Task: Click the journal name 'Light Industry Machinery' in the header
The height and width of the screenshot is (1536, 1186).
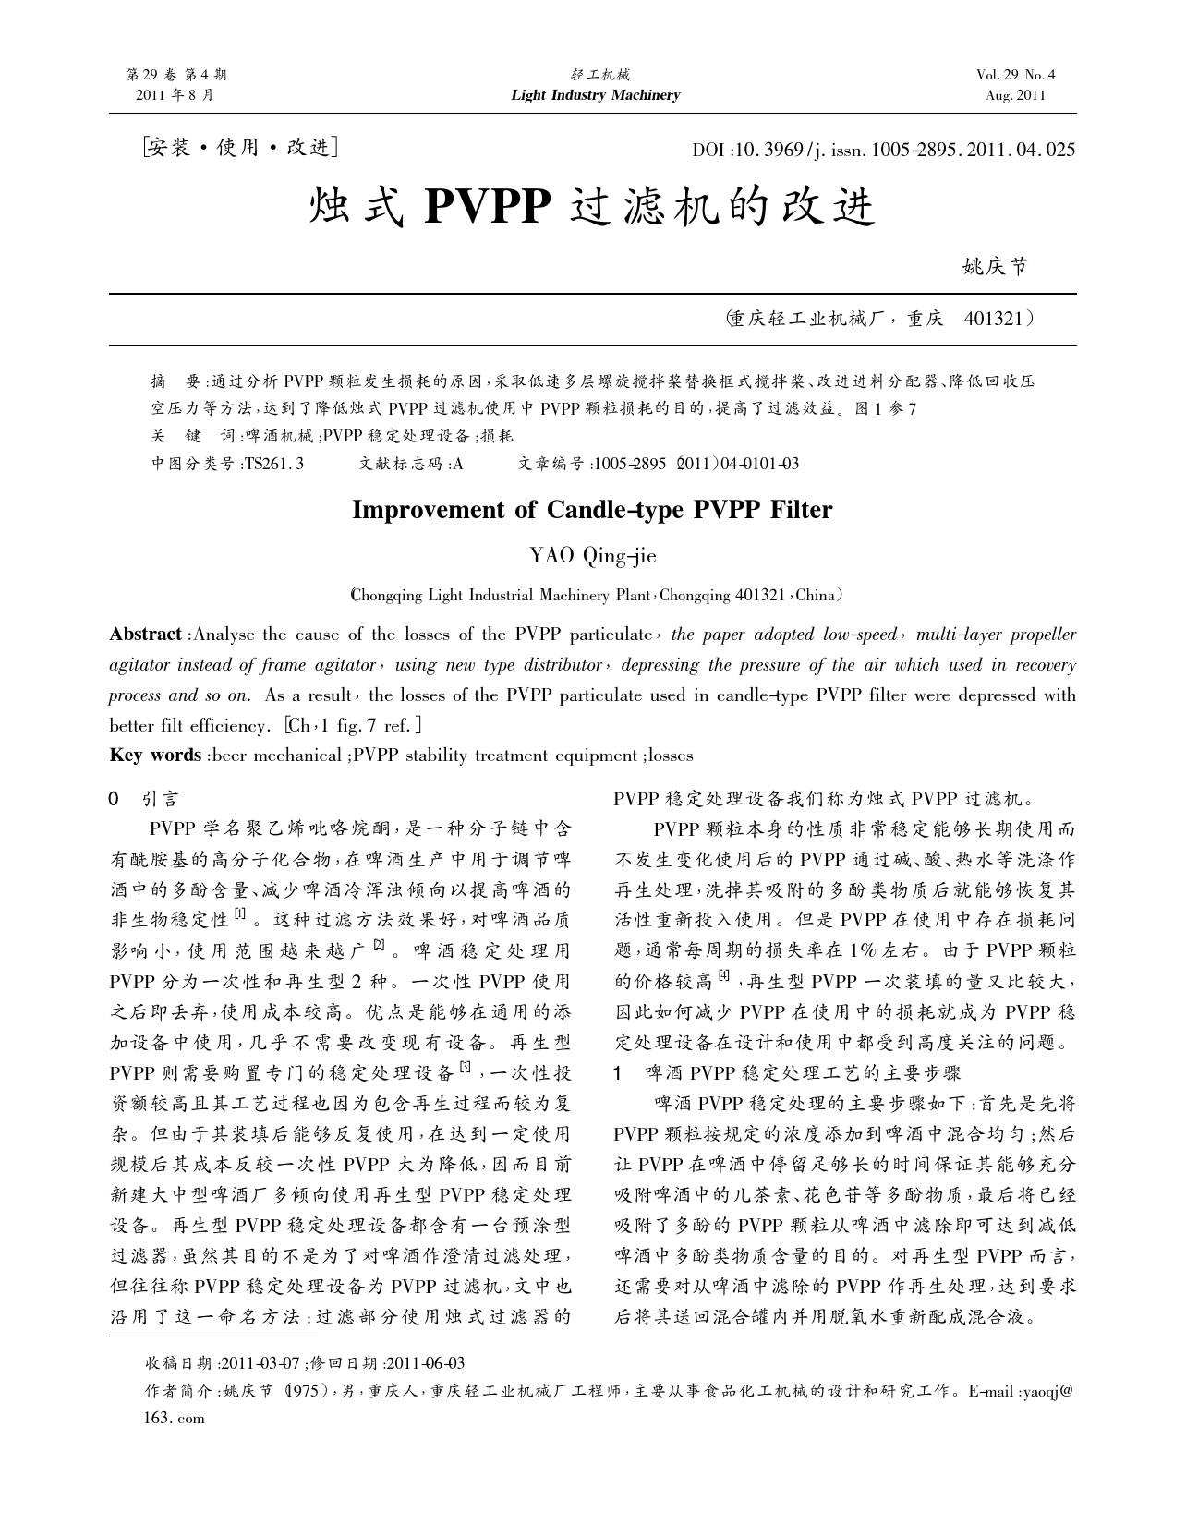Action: coord(595,95)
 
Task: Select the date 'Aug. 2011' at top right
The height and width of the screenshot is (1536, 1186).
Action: coord(1015,95)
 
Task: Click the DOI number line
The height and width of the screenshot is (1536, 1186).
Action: coord(884,150)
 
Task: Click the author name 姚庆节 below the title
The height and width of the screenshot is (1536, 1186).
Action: coord(995,267)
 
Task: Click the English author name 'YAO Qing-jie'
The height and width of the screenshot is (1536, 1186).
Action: coord(593,555)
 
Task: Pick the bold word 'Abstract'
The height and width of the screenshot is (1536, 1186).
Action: coord(145,635)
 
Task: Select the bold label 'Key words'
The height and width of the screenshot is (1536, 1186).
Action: coord(155,756)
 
